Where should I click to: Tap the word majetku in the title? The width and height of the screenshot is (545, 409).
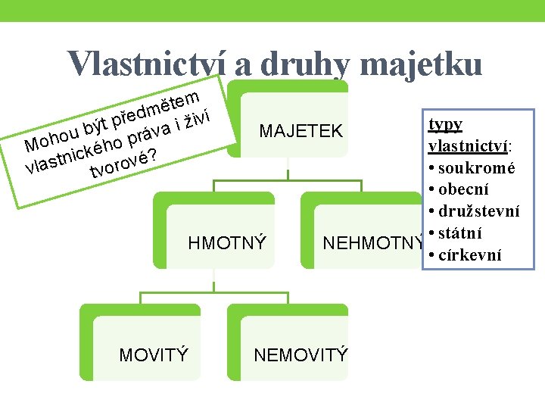point(421,64)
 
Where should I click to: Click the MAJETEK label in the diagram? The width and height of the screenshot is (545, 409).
point(301,131)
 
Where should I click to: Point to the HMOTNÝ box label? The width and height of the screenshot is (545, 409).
point(226,243)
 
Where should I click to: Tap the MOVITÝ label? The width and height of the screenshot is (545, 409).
point(154,354)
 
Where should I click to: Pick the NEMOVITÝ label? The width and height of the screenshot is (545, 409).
point(301,354)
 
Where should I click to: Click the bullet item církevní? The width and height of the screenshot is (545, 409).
point(469,254)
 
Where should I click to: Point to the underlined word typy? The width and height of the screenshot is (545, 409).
point(445,124)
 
